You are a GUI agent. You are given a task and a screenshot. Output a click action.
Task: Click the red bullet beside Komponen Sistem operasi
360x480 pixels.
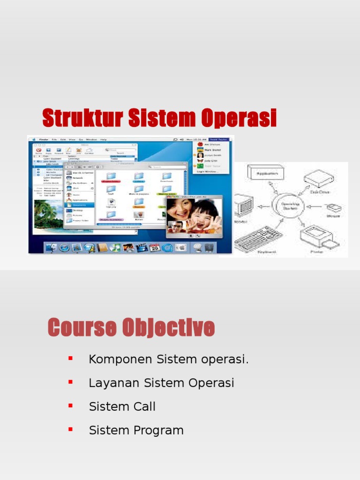tap(71, 359)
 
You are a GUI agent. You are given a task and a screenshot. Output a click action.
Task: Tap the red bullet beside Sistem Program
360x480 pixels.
tap(71, 429)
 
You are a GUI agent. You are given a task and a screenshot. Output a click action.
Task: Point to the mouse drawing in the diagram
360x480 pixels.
tap(334, 209)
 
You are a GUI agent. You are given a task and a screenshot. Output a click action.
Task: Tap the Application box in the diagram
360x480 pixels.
tap(266, 173)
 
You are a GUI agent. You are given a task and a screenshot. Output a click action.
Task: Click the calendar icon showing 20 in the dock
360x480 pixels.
tap(155, 247)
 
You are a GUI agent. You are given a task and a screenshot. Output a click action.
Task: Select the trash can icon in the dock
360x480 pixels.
tap(209, 247)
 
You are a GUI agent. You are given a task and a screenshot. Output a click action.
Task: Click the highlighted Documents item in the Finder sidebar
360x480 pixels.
tap(80, 205)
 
